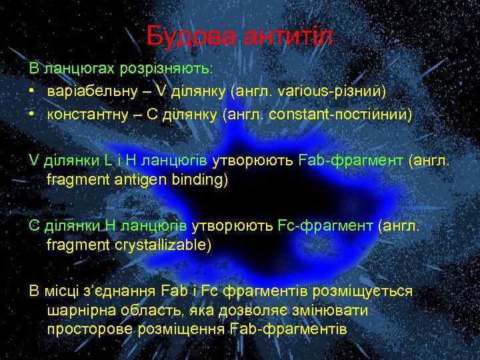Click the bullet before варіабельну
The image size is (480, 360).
point(31,89)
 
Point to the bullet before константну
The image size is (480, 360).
point(31,114)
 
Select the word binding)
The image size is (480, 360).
point(198,179)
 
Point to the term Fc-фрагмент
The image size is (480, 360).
point(325,225)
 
